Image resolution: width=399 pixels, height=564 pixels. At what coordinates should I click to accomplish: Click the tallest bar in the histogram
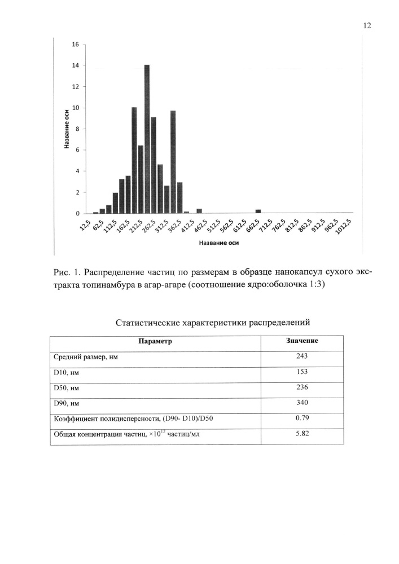(x=147, y=139)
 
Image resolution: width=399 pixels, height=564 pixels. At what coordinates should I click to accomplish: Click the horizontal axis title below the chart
(x=218, y=244)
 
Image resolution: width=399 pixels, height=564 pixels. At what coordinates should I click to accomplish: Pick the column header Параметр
(x=155, y=341)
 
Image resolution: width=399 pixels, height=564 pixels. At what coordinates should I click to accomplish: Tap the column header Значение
(x=302, y=341)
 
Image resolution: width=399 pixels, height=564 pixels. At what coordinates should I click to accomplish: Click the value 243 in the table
(x=302, y=356)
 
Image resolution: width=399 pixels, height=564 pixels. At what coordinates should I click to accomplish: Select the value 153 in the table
(x=302, y=372)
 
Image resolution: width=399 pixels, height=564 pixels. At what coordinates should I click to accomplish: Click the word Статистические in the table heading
(x=148, y=323)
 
